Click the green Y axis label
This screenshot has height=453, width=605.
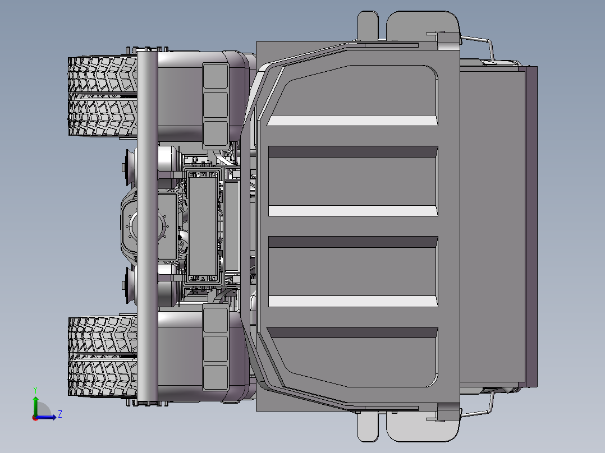point(35,389)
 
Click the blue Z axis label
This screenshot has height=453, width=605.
point(59,414)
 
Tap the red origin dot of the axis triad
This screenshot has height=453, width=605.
point(35,417)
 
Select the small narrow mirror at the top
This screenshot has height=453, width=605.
point(368,25)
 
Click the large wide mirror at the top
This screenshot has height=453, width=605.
point(422,26)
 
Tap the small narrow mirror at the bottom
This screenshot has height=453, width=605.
point(368,427)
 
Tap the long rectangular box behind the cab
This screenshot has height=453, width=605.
point(203,227)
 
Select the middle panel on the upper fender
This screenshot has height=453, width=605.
point(215,105)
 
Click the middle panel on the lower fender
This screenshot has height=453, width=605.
point(215,348)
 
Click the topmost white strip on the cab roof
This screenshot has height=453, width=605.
point(352,121)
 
